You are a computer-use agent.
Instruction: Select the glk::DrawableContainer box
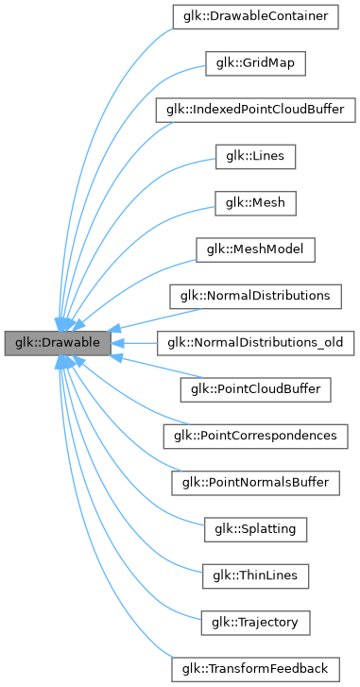click(x=256, y=16)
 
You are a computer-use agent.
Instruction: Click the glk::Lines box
click(x=256, y=155)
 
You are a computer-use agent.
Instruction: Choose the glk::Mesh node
click(x=256, y=202)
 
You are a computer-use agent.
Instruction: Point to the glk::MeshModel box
click(x=256, y=249)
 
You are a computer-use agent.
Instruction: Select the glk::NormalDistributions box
click(x=256, y=295)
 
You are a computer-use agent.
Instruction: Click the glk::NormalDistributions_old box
click(x=256, y=341)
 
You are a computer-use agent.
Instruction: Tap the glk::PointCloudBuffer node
click(x=256, y=387)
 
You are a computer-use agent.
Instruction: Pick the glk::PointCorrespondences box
click(x=256, y=435)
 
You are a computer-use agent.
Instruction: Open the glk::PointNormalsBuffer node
click(x=256, y=481)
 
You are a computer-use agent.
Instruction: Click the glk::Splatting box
click(x=256, y=527)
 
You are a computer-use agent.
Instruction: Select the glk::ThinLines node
click(x=256, y=574)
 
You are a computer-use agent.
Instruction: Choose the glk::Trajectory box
click(x=256, y=620)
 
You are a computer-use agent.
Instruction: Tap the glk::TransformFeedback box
click(x=256, y=667)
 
